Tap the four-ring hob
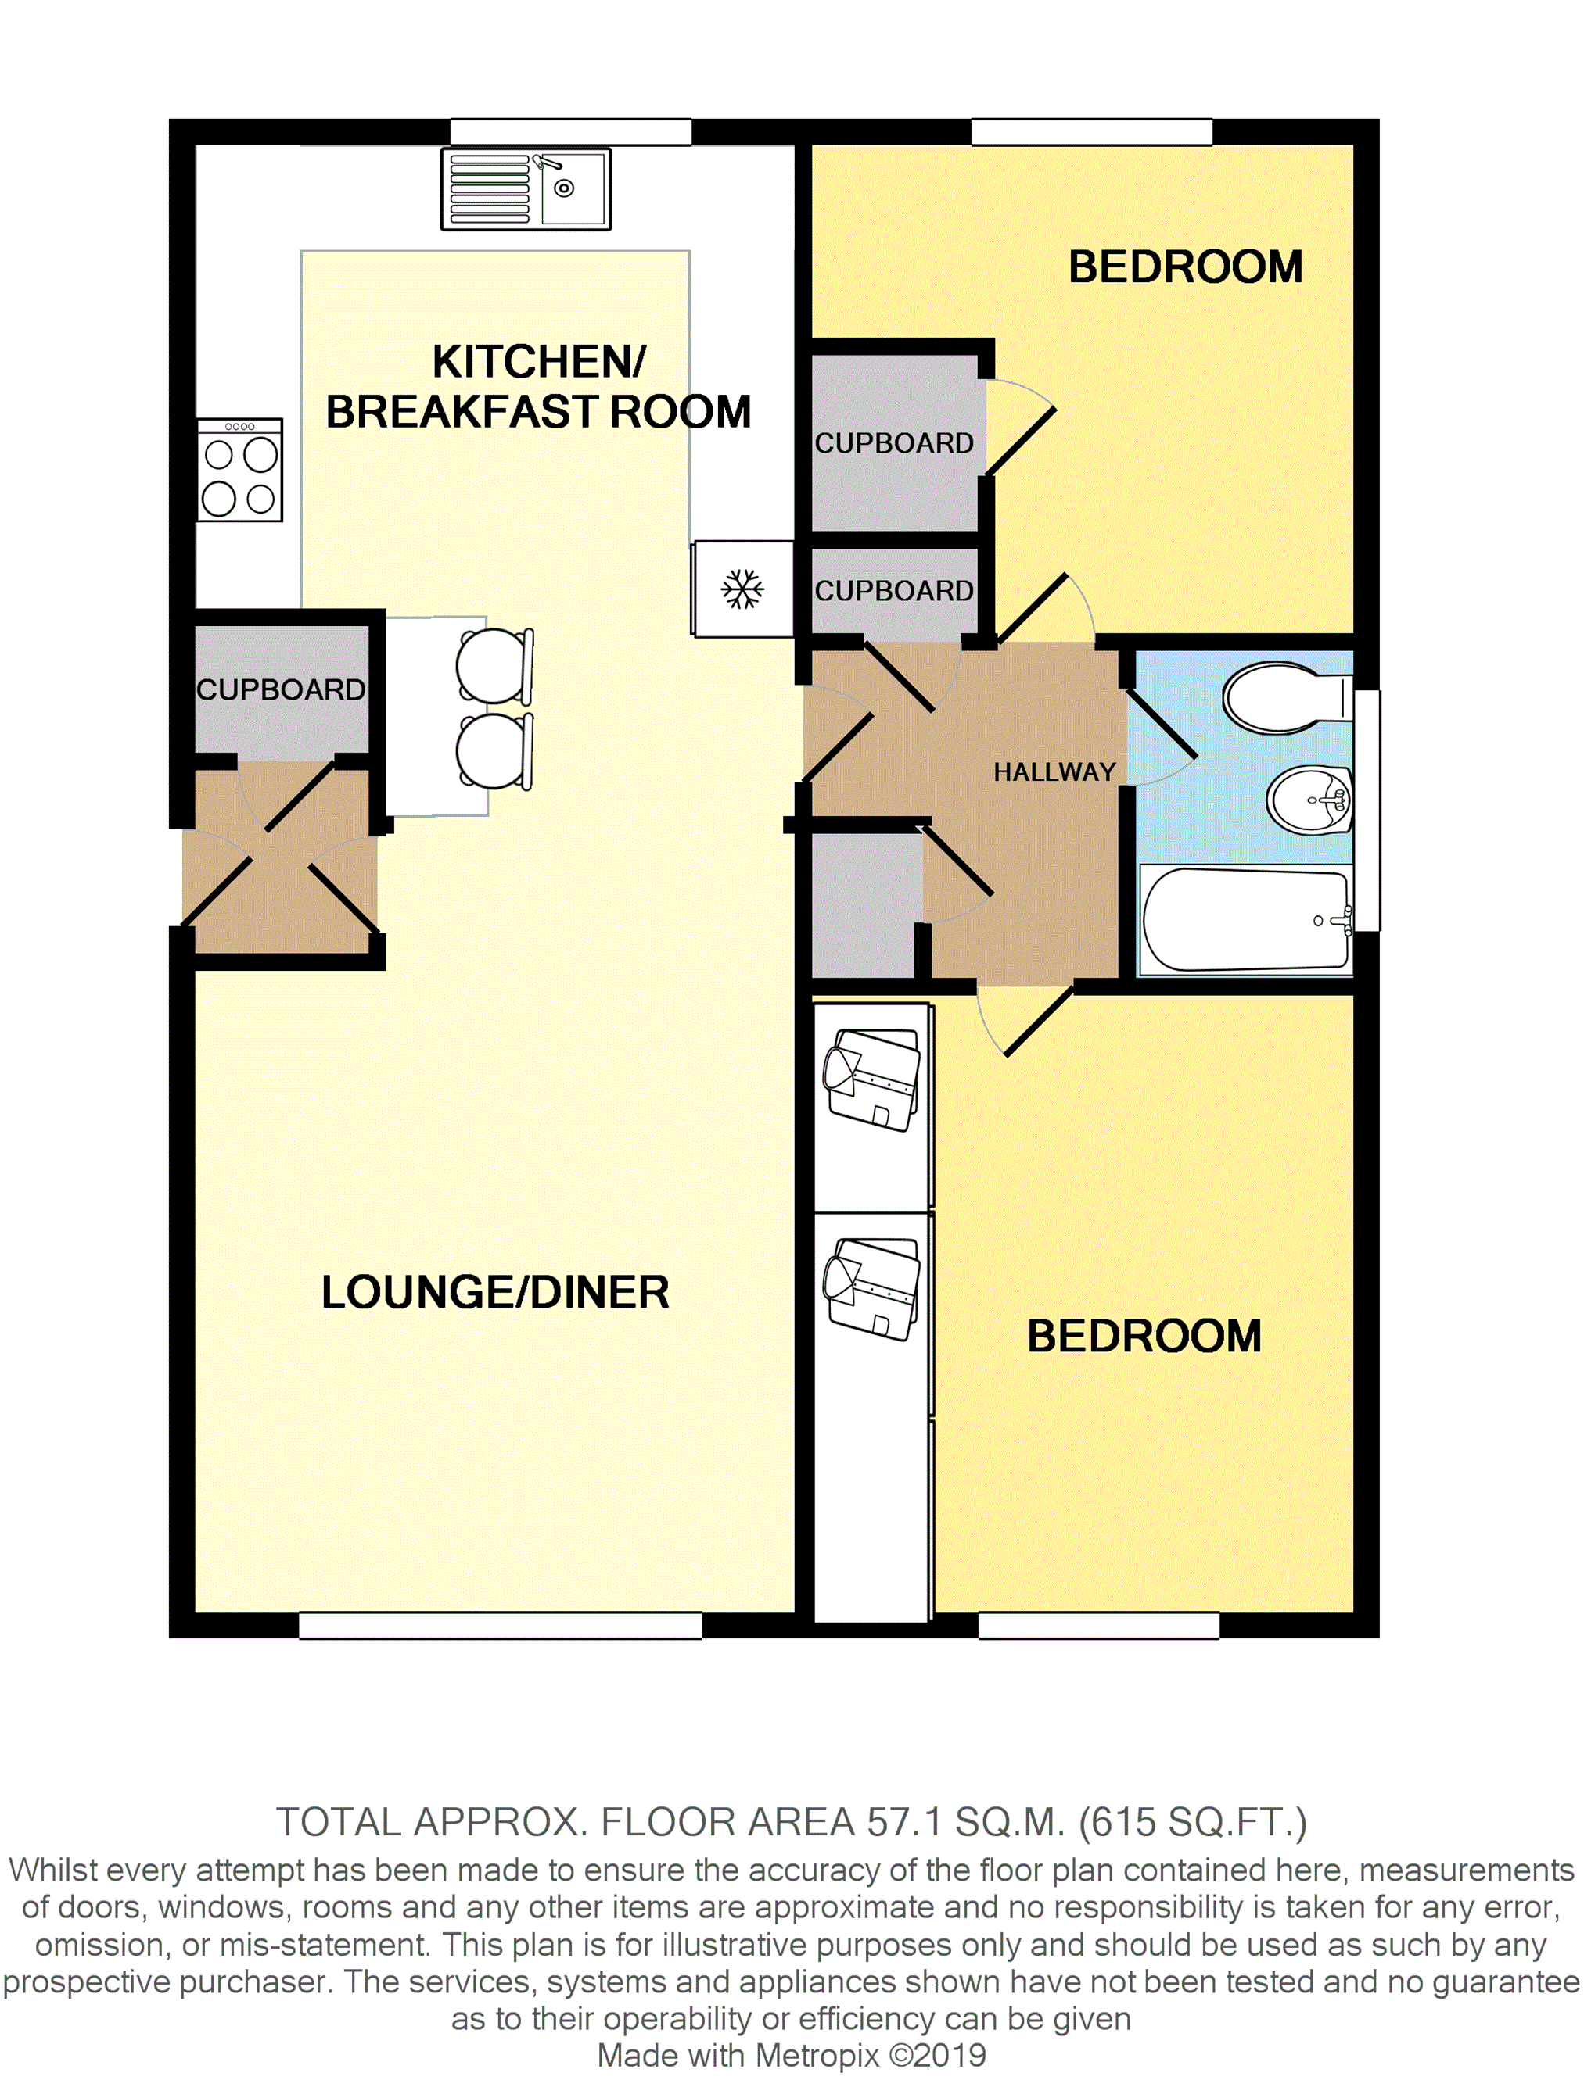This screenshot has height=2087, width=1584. [240, 470]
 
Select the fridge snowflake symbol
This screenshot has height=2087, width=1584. [742, 589]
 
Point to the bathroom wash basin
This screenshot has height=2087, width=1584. [1310, 799]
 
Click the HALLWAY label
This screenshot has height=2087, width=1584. [1054, 771]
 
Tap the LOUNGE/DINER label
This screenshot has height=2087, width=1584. [494, 1291]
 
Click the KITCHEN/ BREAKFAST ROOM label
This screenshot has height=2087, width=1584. [538, 387]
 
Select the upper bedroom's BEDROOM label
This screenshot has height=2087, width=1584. [1185, 267]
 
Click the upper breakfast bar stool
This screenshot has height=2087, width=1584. [493, 666]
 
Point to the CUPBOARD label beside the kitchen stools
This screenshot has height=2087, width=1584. [280, 689]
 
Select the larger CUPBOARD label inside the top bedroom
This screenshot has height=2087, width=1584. [893, 442]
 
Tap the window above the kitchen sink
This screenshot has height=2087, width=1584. [570, 131]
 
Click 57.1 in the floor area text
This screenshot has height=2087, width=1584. [904, 1822]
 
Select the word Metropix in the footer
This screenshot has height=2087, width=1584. [817, 2055]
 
